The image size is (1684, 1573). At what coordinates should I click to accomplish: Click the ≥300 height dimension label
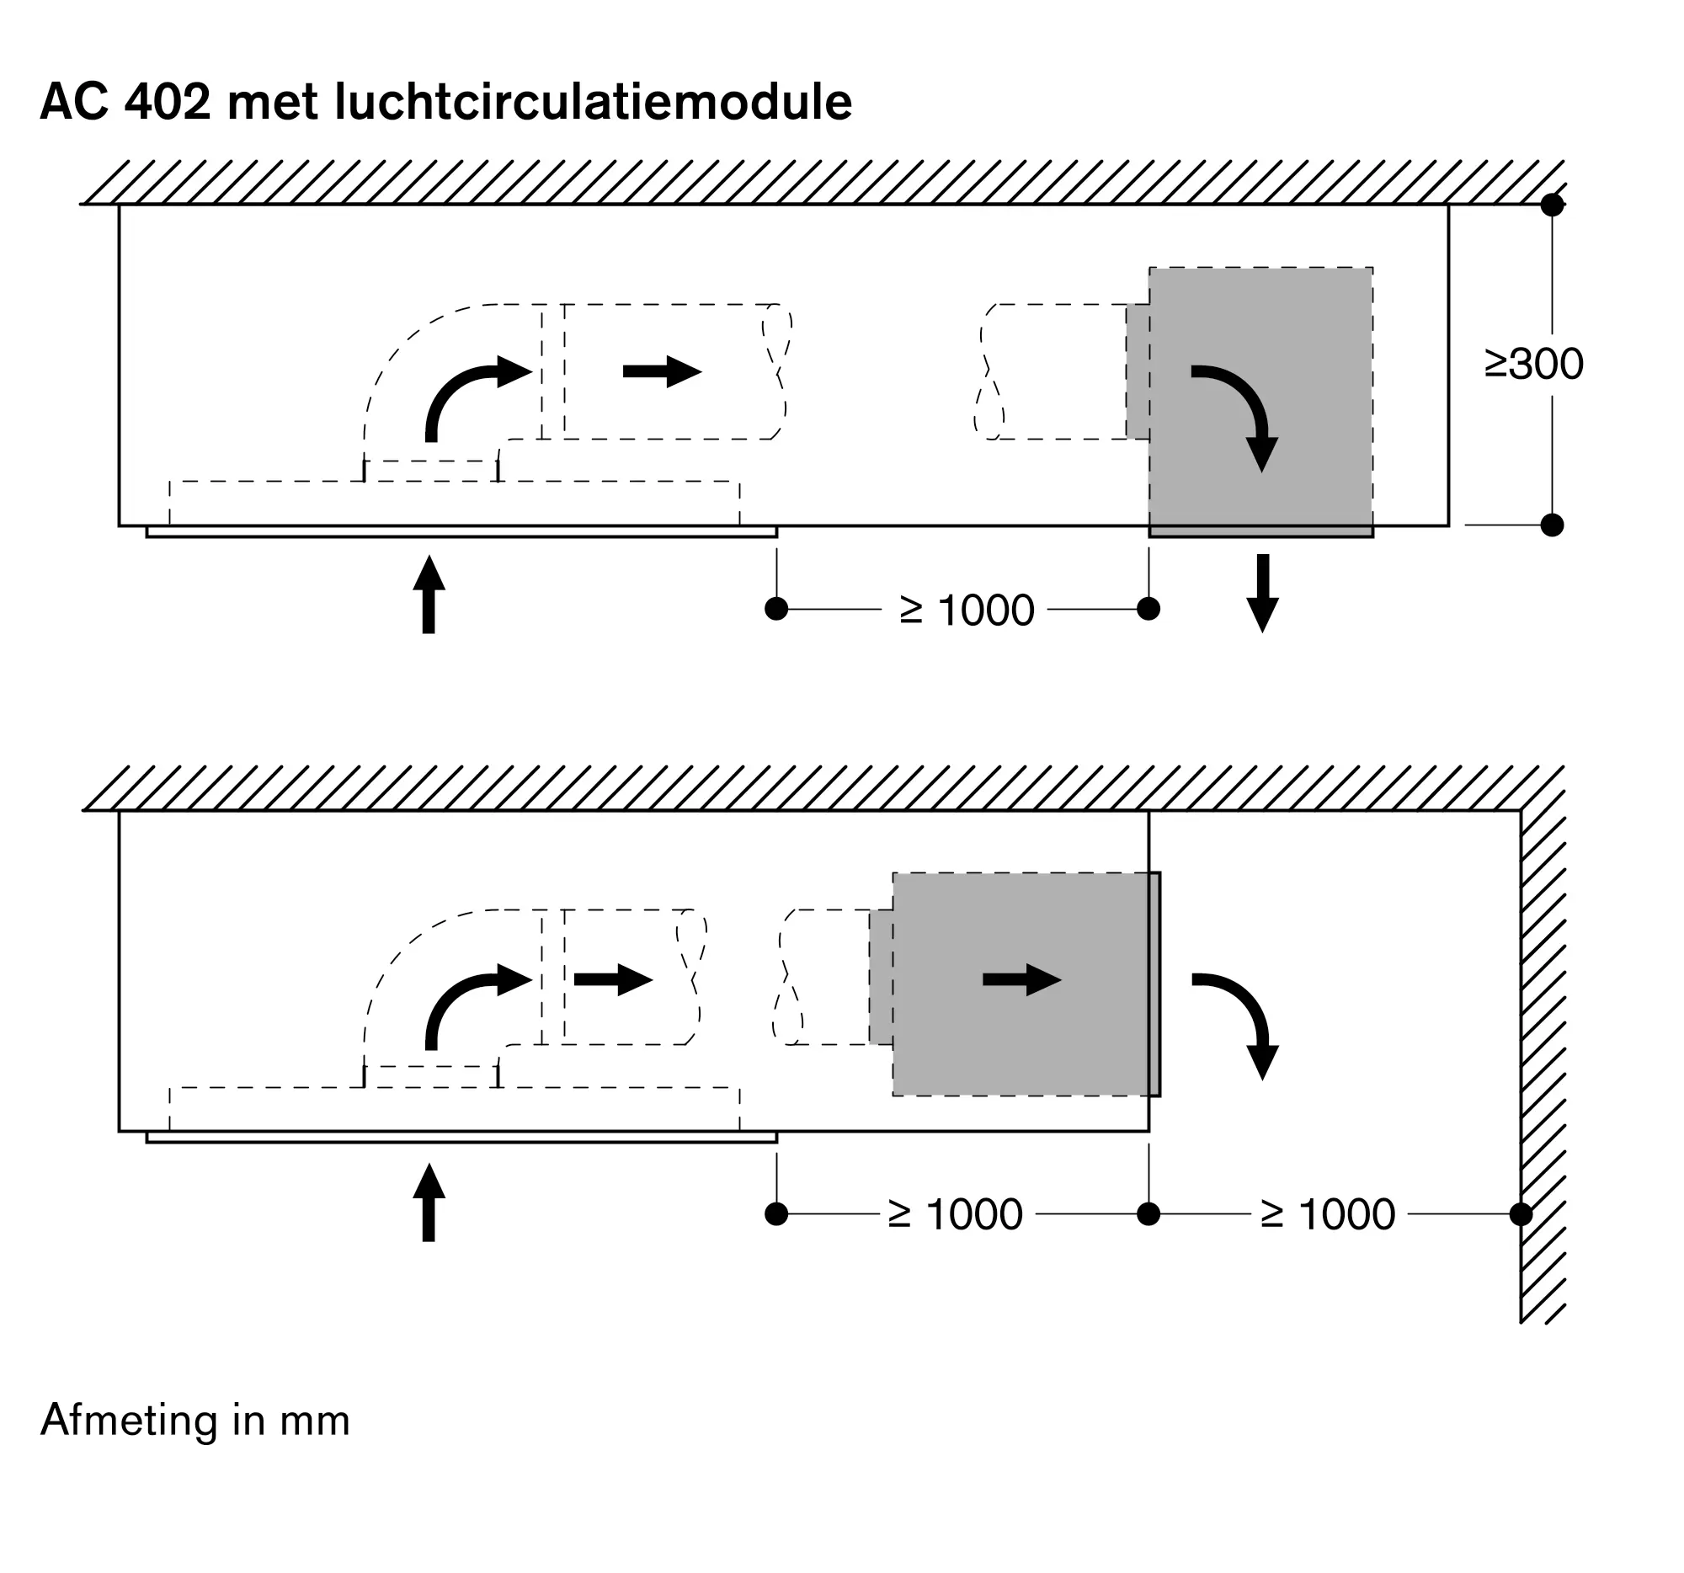[1534, 365]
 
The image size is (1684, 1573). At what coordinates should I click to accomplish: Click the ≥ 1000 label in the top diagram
[967, 610]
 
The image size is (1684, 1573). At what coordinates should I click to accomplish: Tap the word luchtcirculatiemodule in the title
[594, 102]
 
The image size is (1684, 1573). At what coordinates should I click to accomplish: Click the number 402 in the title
[167, 102]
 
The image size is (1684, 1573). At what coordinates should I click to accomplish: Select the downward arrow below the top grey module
[1263, 593]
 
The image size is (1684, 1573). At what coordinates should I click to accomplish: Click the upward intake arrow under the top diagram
[429, 594]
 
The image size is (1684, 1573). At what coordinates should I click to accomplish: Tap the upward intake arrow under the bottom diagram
[429, 1202]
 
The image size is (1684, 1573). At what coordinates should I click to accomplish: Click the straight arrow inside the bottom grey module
[1022, 980]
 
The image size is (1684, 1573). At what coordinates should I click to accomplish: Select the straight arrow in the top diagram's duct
[663, 371]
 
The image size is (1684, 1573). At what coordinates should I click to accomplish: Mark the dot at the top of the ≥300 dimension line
[1552, 204]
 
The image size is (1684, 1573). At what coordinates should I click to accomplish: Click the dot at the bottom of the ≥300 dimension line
[1552, 525]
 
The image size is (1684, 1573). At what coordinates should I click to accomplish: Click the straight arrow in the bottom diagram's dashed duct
[614, 980]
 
